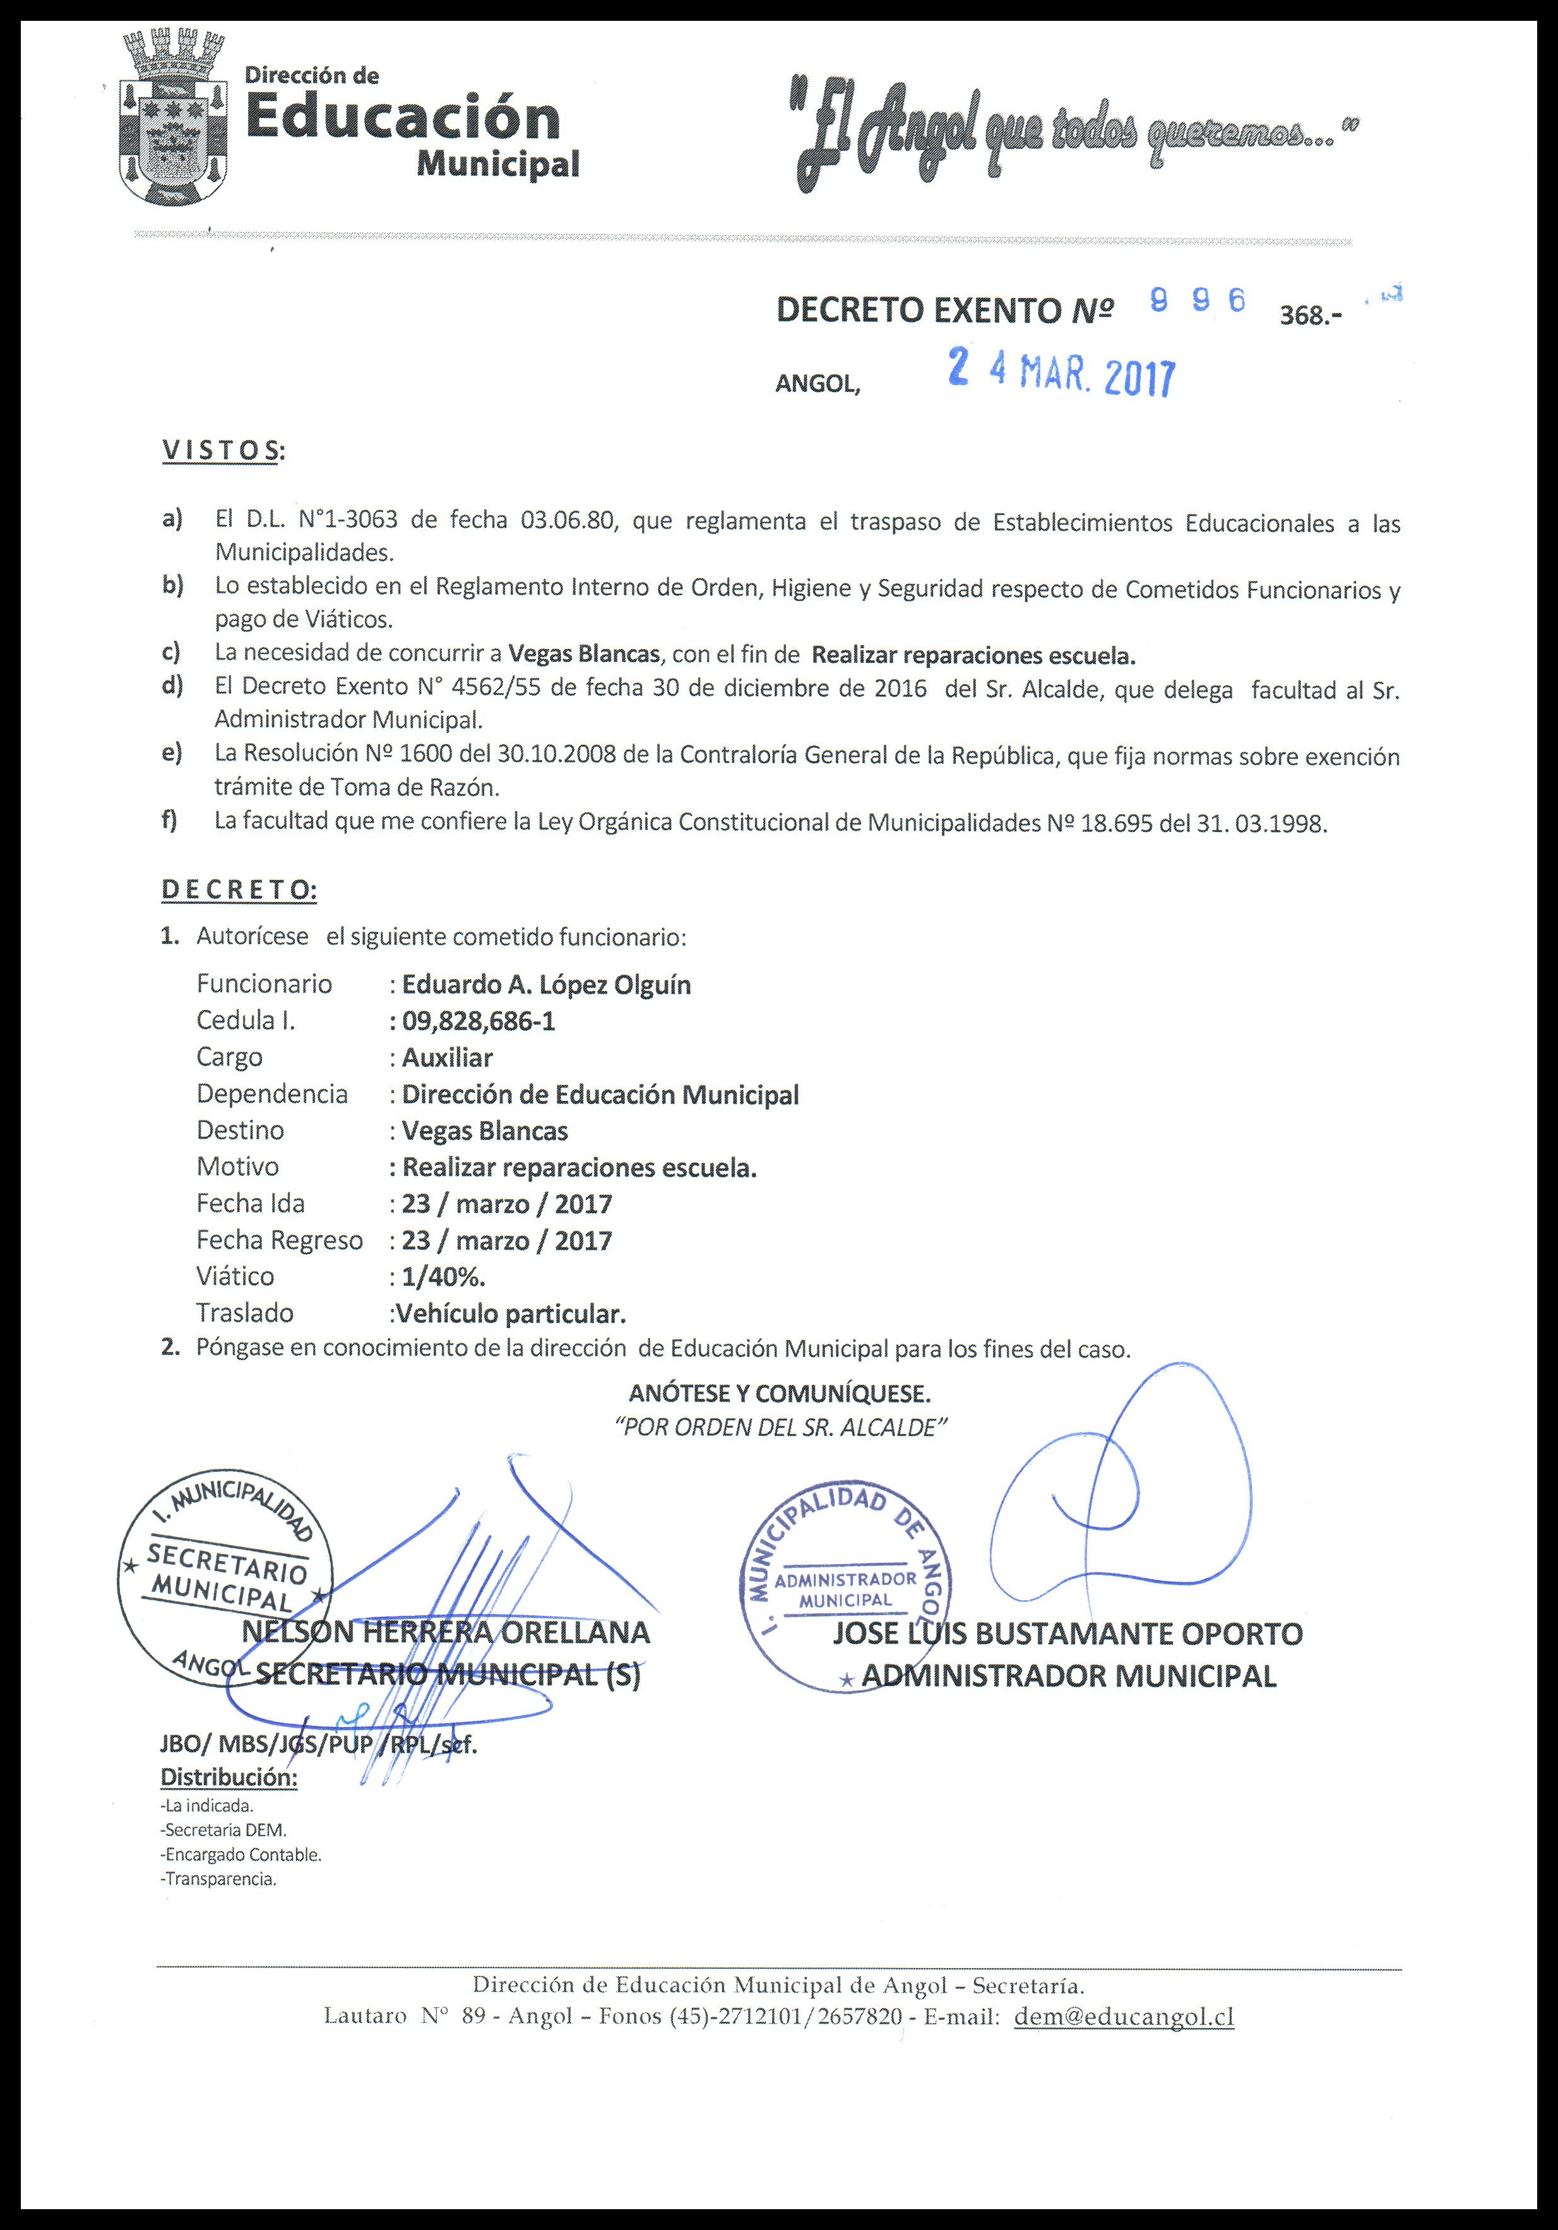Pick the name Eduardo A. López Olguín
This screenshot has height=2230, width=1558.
pyautogui.click(x=546, y=984)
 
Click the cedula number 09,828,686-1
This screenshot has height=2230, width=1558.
pyautogui.click(x=479, y=1021)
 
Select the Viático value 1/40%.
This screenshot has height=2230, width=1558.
pyautogui.click(x=443, y=1276)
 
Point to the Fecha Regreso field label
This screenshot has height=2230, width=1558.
pyautogui.click(x=279, y=1240)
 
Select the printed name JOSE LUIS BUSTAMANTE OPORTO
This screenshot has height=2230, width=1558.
pyautogui.click(x=1067, y=1634)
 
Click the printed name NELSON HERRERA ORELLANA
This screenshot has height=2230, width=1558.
pyautogui.click(x=446, y=1633)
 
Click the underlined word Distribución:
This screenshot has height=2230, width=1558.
pyautogui.click(x=229, y=1777)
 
